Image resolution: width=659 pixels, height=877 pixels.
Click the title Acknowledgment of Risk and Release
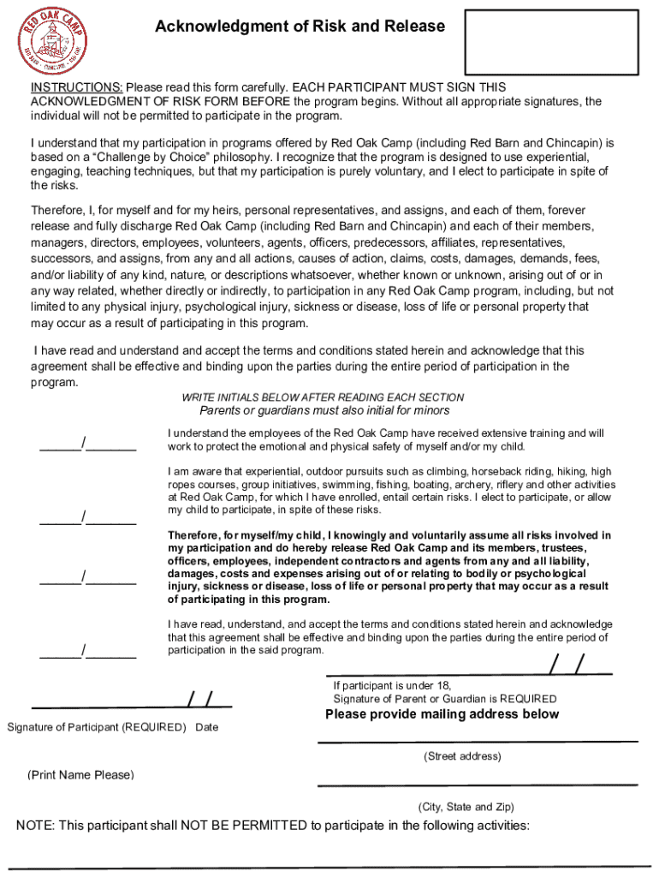tap(300, 27)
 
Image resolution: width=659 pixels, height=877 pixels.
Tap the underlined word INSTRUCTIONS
tap(77, 88)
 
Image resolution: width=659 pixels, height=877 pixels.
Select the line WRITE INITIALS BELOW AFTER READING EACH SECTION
tap(323, 397)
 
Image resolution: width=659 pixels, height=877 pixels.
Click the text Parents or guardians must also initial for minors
tap(323, 410)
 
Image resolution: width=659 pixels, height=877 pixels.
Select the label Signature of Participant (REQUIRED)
tap(97, 727)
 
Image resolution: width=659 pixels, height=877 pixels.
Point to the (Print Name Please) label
tap(80, 775)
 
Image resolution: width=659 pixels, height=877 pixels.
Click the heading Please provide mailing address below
tap(442, 714)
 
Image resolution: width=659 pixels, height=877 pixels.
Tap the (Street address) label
tap(462, 756)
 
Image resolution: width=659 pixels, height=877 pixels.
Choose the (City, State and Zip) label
tap(466, 807)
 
